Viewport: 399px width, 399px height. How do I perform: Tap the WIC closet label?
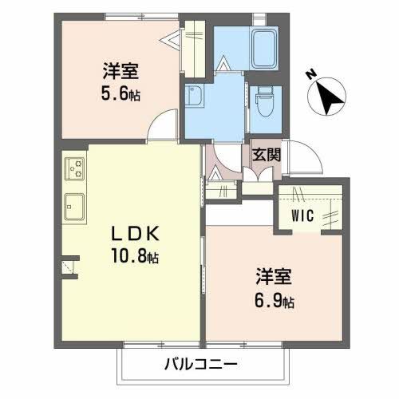pyautogui.click(x=302, y=214)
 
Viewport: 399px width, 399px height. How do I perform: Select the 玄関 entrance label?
pyautogui.click(x=266, y=154)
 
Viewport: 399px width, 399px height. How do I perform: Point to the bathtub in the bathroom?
pyautogui.click(x=263, y=48)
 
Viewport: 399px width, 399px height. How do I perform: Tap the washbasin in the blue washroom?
pyautogui.click(x=194, y=99)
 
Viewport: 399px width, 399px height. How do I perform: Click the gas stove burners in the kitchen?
pyautogui.click(x=77, y=168)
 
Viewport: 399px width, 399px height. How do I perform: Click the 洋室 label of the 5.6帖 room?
pyautogui.click(x=120, y=70)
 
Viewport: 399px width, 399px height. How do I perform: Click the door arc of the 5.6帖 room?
pyautogui.click(x=162, y=128)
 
